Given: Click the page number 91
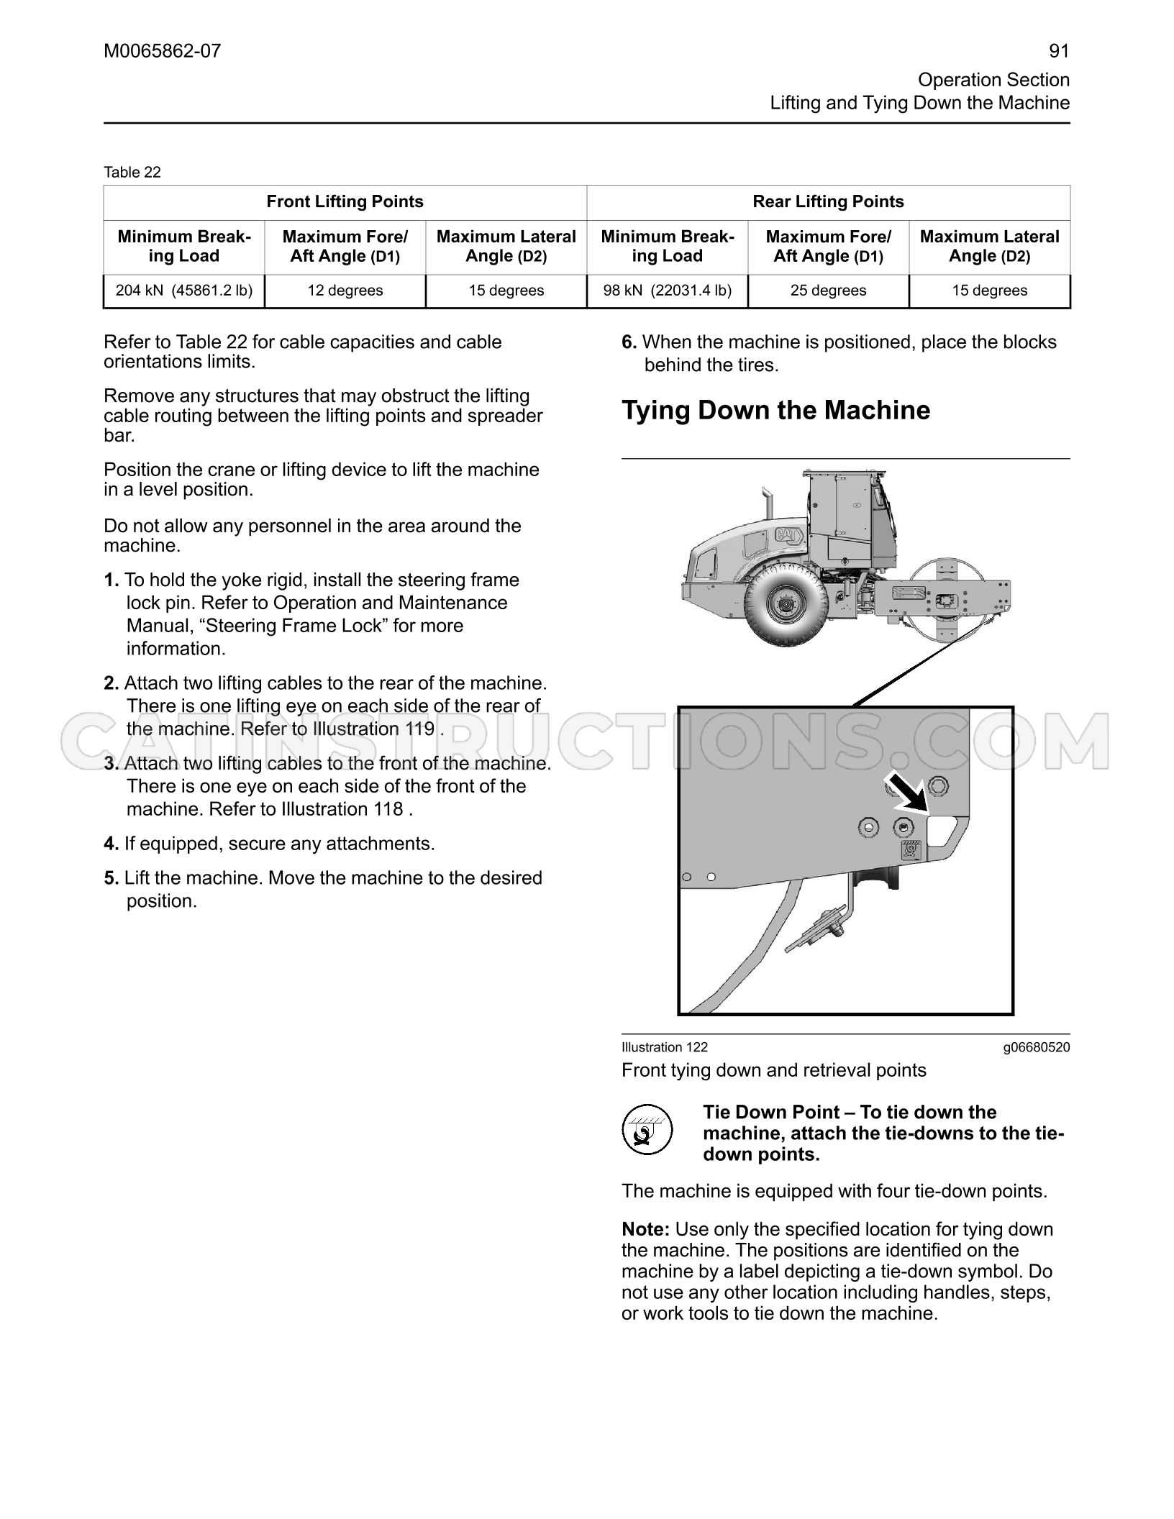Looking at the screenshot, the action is pos(1059,51).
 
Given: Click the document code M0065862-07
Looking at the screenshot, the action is pos(163,51).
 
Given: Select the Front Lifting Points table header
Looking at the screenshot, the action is pos(345,202).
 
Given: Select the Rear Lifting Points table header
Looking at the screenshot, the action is pos(829,202).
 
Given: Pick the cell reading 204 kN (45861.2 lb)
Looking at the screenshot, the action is pos(184,291).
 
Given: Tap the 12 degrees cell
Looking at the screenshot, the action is pos(345,291).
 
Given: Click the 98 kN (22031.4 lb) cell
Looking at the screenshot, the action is pos(668,291).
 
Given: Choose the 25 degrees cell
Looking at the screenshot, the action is pos(829,291).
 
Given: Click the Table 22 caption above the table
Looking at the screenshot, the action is pos(132,172).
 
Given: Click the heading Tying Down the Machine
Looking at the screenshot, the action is pos(775,411).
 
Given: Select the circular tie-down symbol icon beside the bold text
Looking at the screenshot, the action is pos(647,1129).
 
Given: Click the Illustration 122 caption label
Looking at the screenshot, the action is pos(665,1047).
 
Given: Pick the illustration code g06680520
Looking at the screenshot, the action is pos(1037,1047).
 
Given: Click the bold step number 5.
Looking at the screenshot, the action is pos(111,878).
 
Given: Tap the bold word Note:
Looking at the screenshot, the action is pos(646,1229).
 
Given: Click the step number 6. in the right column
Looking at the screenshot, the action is pos(629,342).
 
